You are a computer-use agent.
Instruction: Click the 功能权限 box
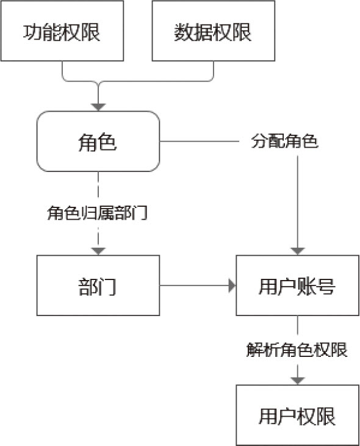click(62, 31)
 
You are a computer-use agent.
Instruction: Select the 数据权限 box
click(214, 31)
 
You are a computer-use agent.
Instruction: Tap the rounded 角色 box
click(98, 142)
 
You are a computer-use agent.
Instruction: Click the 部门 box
click(98, 286)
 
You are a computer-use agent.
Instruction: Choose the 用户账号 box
click(298, 286)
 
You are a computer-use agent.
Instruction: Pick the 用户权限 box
click(298, 415)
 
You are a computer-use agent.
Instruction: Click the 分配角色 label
click(285, 141)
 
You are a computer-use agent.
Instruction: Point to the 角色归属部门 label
click(97, 213)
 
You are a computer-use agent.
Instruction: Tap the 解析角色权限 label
click(297, 350)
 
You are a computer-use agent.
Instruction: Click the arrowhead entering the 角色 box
click(98, 107)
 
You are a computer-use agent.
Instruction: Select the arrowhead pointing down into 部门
click(98, 251)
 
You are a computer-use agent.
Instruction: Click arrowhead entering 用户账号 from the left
click(232, 286)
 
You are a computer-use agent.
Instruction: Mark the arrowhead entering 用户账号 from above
click(298, 251)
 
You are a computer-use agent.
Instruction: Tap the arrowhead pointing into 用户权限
click(298, 381)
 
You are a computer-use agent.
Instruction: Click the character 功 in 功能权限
click(33, 32)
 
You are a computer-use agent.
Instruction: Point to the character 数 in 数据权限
click(184, 32)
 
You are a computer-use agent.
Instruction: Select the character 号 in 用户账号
click(326, 286)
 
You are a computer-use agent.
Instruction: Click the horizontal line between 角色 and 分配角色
click(200, 142)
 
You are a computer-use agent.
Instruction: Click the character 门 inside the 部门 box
click(107, 286)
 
